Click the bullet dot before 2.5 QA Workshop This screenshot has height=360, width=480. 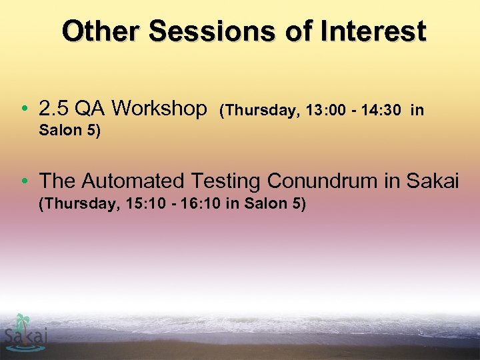pyautogui.click(x=25, y=108)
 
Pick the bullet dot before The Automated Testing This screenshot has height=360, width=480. pyautogui.click(x=25, y=181)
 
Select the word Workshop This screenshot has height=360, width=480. pyautogui.click(x=160, y=108)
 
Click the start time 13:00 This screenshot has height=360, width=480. pyautogui.click(x=325, y=111)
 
